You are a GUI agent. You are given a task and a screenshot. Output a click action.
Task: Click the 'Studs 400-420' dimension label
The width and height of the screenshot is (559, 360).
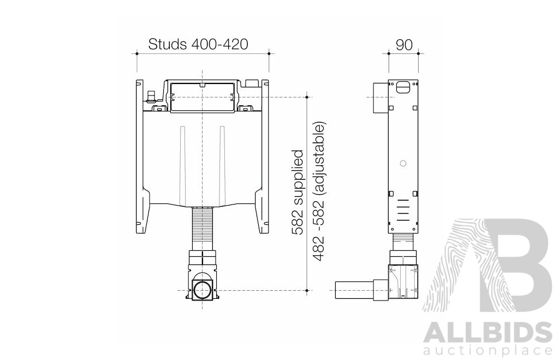click(x=199, y=44)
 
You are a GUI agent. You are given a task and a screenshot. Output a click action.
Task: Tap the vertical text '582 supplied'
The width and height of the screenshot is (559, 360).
click(x=298, y=192)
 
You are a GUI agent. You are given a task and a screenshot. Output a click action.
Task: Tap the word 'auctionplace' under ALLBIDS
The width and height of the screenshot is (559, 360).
click(x=487, y=349)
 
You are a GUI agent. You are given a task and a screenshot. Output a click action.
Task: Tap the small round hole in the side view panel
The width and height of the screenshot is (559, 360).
click(x=402, y=163)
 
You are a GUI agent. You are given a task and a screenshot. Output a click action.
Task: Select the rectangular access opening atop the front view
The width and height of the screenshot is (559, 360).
click(x=203, y=97)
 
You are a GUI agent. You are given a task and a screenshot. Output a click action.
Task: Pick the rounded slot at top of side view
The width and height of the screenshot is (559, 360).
click(x=403, y=87)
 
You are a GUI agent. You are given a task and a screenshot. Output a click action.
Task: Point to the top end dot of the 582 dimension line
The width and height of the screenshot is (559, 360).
click(x=307, y=97)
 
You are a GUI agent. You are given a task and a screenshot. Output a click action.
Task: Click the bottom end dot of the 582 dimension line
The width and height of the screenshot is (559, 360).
click(x=307, y=291)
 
